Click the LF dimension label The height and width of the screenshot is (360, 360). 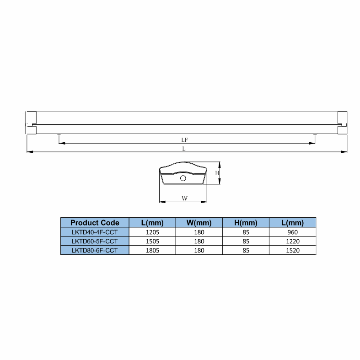click(x=185, y=140)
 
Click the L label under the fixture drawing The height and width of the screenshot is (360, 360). click(x=184, y=149)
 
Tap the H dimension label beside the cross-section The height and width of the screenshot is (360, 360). click(x=217, y=173)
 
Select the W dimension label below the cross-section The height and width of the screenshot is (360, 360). click(x=185, y=199)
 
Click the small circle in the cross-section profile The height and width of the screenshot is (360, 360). click(x=183, y=178)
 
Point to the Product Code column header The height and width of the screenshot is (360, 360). click(x=95, y=223)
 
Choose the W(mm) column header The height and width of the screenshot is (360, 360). click(x=199, y=223)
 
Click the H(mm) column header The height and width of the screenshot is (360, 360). click(x=246, y=223)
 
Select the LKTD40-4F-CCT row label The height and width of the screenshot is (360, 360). click(x=95, y=232)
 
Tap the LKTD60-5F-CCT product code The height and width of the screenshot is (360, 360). click(x=95, y=242)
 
